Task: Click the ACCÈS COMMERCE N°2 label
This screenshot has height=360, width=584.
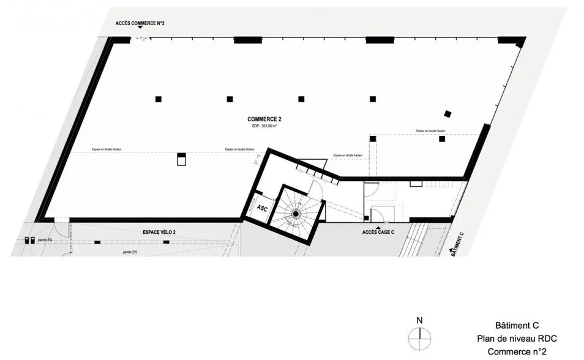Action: pyautogui.click(x=140, y=23)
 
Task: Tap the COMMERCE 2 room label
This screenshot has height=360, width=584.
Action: pyautogui.click(x=264, y=119)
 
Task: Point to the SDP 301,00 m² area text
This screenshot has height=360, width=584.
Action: pyautogui.click(x=264, y=126)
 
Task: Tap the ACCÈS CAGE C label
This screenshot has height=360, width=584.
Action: pyautogui.click(x=378, y=233)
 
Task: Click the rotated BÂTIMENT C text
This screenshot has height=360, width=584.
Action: pyautogui.click(x=457, y=243)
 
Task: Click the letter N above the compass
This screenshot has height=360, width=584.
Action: pyautogui.click(x=419, y=320)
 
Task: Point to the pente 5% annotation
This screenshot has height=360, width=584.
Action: pyautogui.click(x=45, y=241)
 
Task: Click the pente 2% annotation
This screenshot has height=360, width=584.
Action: pyautogui.click(x=129, y=252)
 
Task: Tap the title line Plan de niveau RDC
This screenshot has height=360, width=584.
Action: pyautogui.click(x=517, y=339)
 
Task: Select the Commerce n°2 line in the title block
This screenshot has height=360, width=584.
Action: pyautogui.click(x=517, y=351)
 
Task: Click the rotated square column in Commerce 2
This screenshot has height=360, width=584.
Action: pyautogui.click(x=447, y=113)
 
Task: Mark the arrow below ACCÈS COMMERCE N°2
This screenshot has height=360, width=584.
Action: pyautogui.click(x=140, y=29)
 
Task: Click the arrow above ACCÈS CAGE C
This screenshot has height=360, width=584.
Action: pyautogui.click(x=378, y=226)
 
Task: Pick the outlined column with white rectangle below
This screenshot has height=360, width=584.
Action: pyautogui.click(x=181, y=159)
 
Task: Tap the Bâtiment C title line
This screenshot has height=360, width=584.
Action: pyautogui.click(x=517, y=326)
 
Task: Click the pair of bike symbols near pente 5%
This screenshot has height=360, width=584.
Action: pyautogui.click(x=29, y=241)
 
